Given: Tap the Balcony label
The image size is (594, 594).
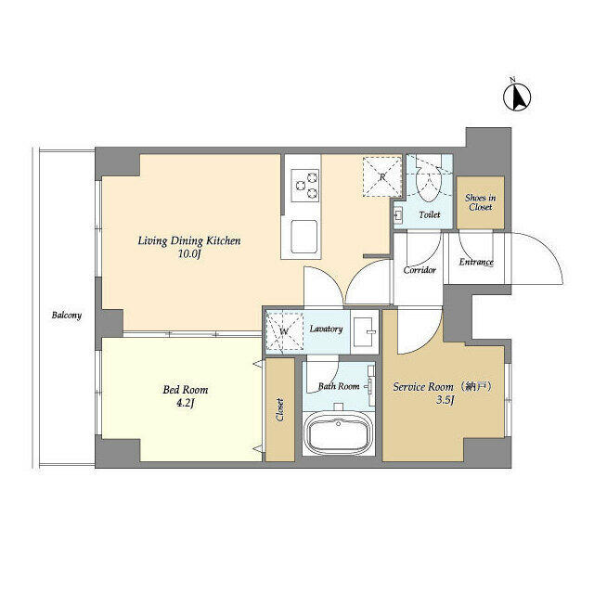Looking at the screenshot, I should (66, 316).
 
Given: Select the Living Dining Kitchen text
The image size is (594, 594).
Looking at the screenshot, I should (189, 241).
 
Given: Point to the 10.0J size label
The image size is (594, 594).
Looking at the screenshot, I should (189, 254).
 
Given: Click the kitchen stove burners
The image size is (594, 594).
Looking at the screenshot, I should (305, 187).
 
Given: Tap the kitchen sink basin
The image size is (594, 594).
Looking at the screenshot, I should (304, 237).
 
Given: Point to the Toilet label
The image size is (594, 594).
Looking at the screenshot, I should (429, 214).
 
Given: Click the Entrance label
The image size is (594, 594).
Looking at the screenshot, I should (476, 262).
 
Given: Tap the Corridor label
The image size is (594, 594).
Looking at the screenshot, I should (420, 271).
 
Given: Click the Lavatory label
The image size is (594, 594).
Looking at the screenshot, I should (327, 329).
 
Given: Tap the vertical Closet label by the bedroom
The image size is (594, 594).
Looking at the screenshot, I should (280, 410).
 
